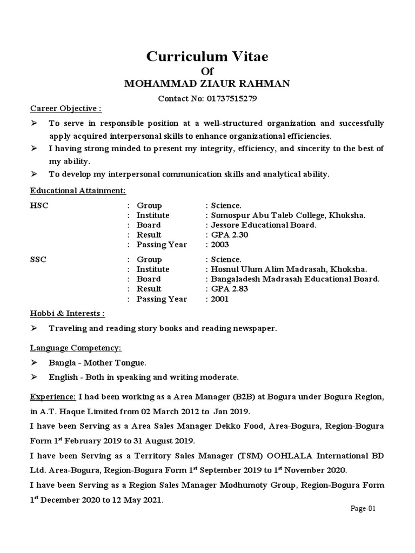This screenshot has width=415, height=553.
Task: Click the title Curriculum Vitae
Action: (x=207, y=56)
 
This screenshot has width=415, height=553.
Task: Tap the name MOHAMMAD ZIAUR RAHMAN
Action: (x=207, y=83)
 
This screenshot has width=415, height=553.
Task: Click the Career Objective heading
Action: (x=65, y=109)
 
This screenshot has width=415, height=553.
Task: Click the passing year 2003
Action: (x=220, y=245)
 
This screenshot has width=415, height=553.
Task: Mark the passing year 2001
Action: (x=220, y=299)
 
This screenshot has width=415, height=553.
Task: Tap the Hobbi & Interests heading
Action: (x=68, y=313)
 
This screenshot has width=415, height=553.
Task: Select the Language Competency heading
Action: (x=76, y=347)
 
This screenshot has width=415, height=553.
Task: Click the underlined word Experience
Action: (x=53, y=397)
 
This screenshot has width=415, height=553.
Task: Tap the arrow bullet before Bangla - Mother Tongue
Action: (x=34, y=362)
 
